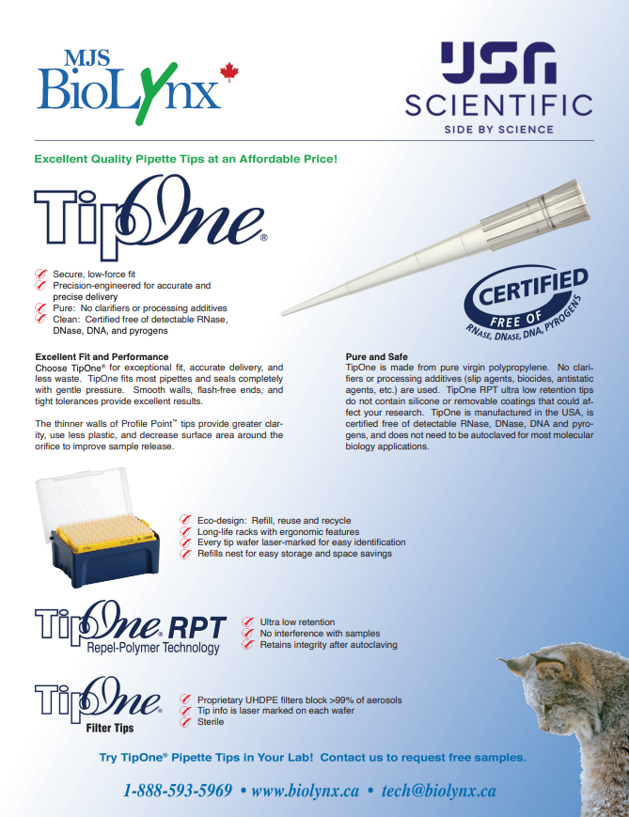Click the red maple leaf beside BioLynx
click(228, 72)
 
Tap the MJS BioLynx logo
click(137, 86)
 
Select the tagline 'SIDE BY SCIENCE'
click(498, 129)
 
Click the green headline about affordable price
click(186, 159)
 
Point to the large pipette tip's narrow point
click(283, 313)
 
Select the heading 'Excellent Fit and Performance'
click(102, 357)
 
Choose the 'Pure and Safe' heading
click(377, 357)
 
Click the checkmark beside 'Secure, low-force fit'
click(40, 275)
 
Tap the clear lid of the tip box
click(83, 499)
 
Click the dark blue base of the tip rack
click(104, 563)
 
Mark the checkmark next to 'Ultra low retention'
click(248, 621)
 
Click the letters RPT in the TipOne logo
click(197, 628)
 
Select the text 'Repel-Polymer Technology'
click(153, 648)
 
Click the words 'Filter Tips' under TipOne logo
click(110, 728)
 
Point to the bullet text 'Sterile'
click(211, 722)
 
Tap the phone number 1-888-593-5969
click(178, 791)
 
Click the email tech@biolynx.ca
click(439, 791)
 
